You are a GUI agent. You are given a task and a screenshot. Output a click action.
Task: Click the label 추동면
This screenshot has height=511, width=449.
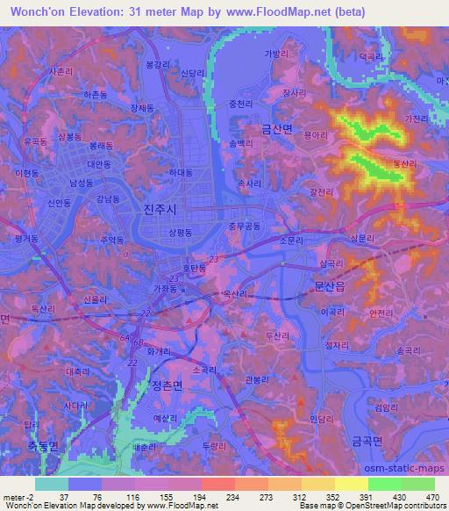click(40, 446)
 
